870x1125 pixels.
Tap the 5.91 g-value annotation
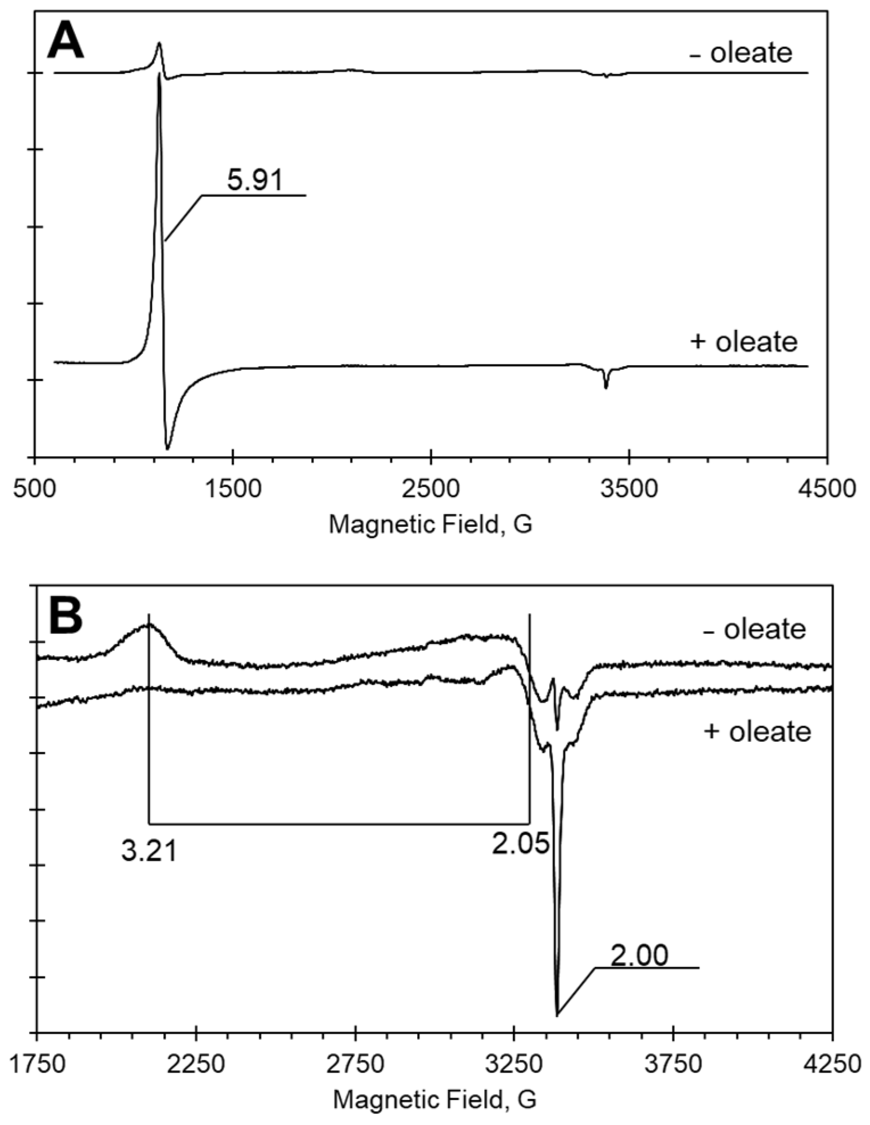[254, 181]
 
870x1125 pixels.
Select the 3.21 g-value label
[149, 851]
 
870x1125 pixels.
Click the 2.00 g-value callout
[639, 956]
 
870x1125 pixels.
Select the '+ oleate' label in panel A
[744, 342]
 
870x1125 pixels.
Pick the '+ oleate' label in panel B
[757, 731]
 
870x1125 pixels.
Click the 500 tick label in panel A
[35, 489]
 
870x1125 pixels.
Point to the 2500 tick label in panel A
[431, 489]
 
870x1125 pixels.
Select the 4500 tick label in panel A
[827, 489]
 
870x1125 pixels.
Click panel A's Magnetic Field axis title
[431, 524]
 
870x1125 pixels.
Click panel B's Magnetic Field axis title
[434, 1099]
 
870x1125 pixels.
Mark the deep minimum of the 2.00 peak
[557, 1014]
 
